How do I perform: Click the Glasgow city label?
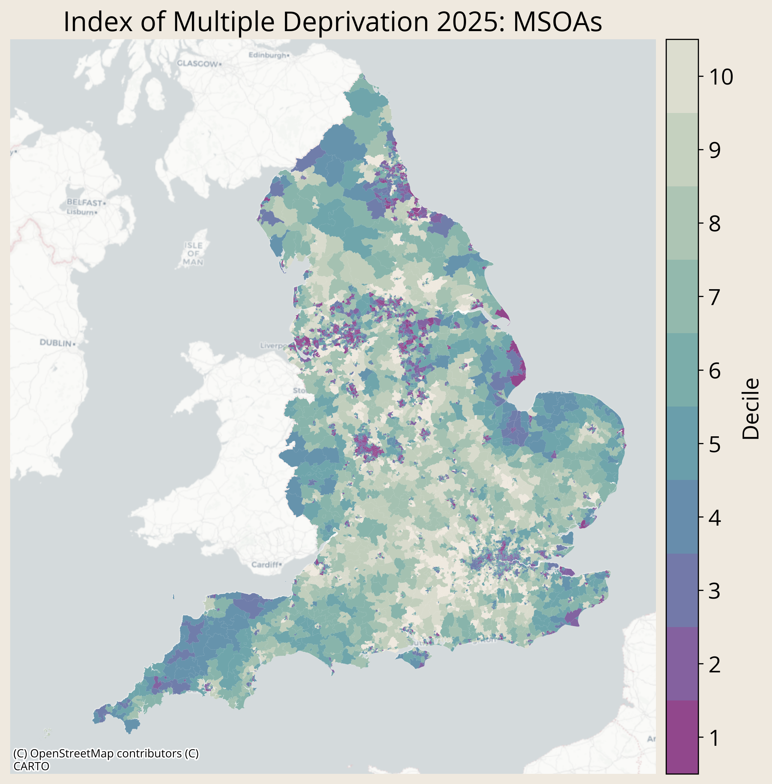pyautogui.click(x=197, y=64)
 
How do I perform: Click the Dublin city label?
pyautogui.click(x=56, y=343)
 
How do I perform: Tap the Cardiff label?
pyautogui.click(x=265, y=564)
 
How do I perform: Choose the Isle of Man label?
pyautogui.click(x=193, y=254)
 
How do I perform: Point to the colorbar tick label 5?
pyautogui.click(x=714, y=444)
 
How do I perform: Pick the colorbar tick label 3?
pyautogui.click(x=714, y=591)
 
